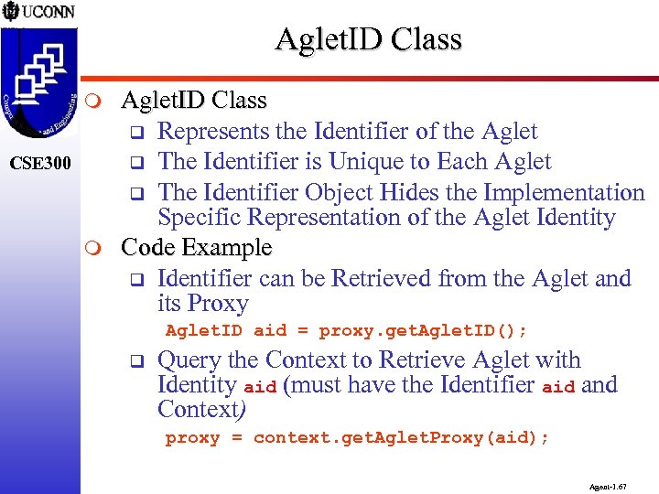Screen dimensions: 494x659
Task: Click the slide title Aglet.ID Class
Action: pos(369,39)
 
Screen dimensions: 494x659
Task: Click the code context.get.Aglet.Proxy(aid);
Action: pos(401,438)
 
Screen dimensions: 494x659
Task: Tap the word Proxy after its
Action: pos(218,303)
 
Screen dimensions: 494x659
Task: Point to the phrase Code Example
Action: pos(197,248)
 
